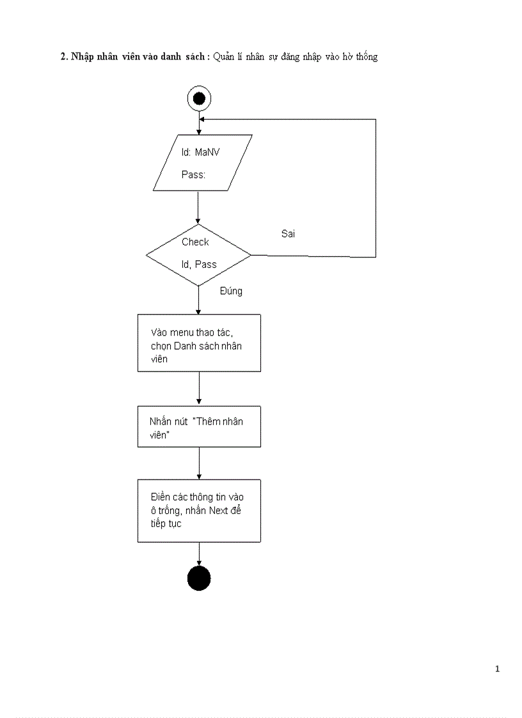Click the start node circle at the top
[198, 98]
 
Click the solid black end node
[198, 578]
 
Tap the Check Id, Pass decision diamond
[198, 254]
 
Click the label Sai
[289, 234]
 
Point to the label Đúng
[231, 291]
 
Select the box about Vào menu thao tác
[199, 343]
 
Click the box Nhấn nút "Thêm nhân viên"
[199, 426]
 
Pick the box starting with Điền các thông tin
[199, 511]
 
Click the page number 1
[497, 669]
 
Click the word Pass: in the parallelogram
[193, 175]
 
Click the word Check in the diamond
[195, 242]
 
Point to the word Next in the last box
[223, 510]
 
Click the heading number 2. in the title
[64, 57]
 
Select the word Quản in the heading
[225, 57]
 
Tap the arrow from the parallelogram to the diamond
[198, 207]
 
